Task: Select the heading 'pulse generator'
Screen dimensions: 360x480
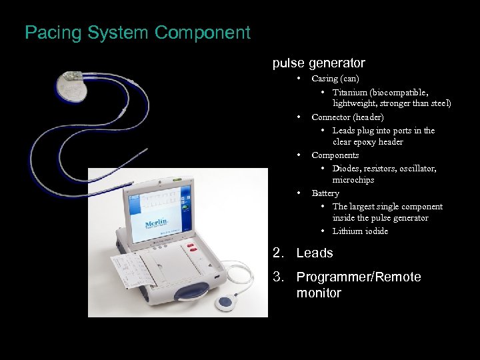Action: tap(319, 63)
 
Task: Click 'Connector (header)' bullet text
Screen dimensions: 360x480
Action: tap(347, 117)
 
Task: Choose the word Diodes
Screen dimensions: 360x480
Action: tap(346, 168)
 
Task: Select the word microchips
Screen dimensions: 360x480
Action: tap(353, 180)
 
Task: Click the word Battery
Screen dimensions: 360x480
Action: tap(325, 193)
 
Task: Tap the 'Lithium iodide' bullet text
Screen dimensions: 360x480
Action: tap(360, 231)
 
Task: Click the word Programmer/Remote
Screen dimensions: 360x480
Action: tap(359, 277)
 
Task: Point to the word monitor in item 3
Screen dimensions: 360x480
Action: tap(319, 293)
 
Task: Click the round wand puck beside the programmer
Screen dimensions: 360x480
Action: tap(227, 302)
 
